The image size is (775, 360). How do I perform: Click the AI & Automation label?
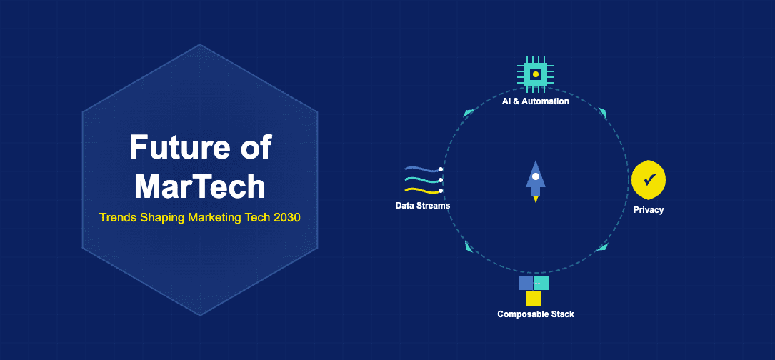[x=535, y=101]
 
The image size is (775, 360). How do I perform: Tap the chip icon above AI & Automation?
[x=535, y=74]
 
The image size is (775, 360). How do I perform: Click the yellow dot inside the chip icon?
[x=535, y=74]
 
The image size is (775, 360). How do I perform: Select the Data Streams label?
[x=423, y=206]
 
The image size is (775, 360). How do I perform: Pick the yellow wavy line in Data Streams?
[x=421, y=191]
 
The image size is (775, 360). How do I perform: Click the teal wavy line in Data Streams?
[x=421, y=180]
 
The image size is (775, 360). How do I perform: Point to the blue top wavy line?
[x=421, y=169]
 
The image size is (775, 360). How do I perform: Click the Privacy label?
[x=649, y=210]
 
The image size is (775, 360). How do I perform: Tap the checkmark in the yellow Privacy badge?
[x=649, y=181]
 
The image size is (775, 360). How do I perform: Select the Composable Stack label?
[x=535, y=314]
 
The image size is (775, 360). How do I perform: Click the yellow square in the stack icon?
[x=534, y=299]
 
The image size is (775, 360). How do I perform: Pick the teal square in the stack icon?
[x=541, y=283]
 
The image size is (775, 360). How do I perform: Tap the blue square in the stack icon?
[x=526, y=283]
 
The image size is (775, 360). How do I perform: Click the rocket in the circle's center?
[x=535, y=181]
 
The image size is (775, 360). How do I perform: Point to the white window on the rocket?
[x=535, y=176]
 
